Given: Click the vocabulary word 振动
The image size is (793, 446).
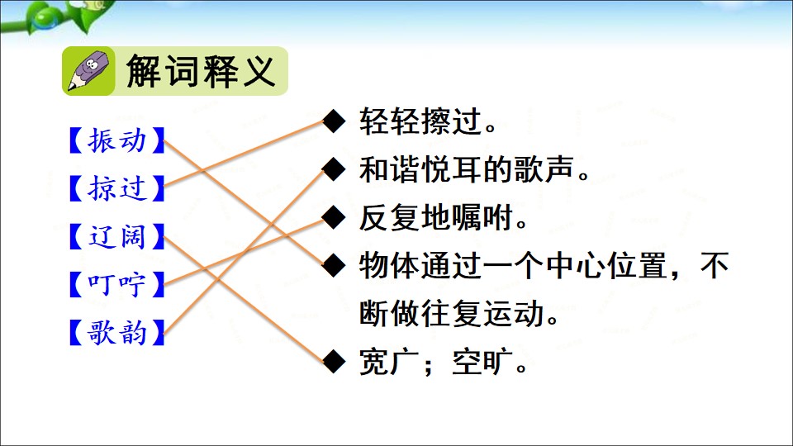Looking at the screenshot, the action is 116,140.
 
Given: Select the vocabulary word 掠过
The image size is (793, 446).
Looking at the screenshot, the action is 116,188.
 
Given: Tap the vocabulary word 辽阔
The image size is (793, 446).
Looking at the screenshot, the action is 116,236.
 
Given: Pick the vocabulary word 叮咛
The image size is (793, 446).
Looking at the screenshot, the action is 116,284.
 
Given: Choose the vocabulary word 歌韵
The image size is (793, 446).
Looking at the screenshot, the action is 116,332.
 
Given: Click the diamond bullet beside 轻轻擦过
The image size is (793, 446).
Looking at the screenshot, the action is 334,121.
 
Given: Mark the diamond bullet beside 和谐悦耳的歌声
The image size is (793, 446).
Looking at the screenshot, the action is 334,169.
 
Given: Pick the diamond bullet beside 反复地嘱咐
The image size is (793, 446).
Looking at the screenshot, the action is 334,217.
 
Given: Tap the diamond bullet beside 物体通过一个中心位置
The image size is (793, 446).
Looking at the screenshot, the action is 334,265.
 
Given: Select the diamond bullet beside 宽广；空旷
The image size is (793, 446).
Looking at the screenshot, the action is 334,362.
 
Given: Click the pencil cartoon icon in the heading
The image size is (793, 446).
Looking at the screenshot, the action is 88,71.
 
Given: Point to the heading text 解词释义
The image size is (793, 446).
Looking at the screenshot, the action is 201,71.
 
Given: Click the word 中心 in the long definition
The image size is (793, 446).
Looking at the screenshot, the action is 576,265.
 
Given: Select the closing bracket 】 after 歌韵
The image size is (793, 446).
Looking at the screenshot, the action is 159,332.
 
